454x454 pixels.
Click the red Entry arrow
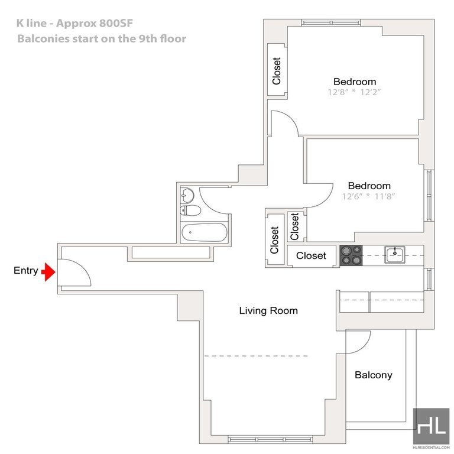coord(48,272)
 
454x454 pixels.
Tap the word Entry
coord(26,272)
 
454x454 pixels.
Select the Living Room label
coord(268,310)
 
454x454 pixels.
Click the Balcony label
coord(373,375)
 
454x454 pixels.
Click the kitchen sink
coord(393,255)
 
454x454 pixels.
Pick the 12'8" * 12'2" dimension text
coord(354,93)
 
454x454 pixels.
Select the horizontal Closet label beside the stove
coord(311,255)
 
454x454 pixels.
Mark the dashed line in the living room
coord(257,356)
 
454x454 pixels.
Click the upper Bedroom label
coord(355,82)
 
